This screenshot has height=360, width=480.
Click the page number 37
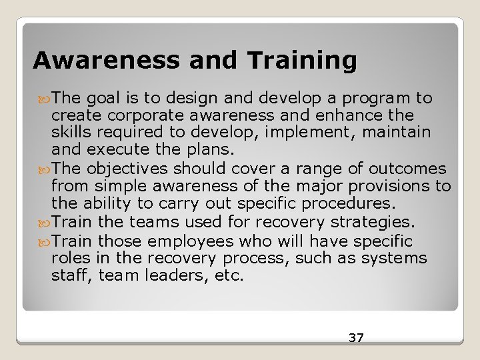point(356,338)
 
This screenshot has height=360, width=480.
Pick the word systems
point(403,258)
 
